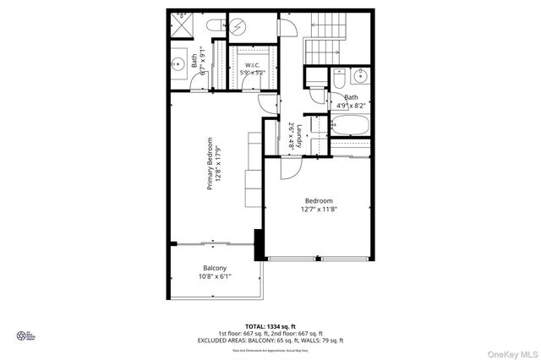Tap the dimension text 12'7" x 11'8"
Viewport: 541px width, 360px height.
click(x=319, y=210)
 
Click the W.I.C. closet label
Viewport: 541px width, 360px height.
click(x=252, y=65)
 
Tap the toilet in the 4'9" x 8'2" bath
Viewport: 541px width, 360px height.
click(x=338, y=79)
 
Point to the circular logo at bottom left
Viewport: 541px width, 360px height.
click(x=22, y=336)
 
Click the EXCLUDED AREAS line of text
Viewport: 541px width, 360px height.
click(x=270, y=340)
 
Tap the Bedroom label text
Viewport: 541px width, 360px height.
click(x=319, y=201)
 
